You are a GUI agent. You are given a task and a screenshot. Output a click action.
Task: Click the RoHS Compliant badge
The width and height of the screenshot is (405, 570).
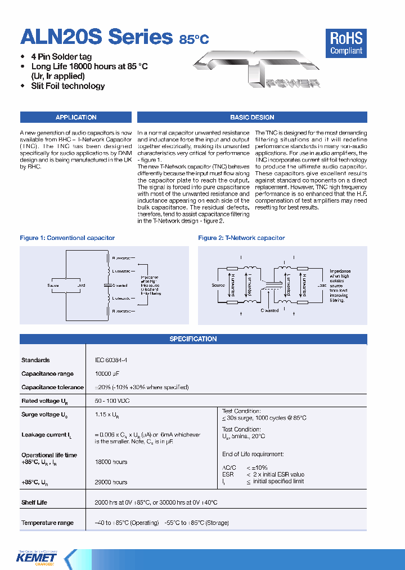point(346,43)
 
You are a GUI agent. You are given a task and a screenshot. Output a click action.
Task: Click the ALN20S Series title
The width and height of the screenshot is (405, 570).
point(96,37)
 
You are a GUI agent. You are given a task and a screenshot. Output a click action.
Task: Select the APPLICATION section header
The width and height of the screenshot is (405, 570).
point(76,117)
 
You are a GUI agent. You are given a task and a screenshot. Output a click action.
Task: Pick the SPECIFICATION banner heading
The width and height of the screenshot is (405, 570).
point(193,339)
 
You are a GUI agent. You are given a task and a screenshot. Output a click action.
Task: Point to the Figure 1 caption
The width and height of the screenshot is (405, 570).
point(67,238)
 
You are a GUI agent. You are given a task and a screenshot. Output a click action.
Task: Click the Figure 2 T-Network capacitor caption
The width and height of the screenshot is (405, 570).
point(241,238)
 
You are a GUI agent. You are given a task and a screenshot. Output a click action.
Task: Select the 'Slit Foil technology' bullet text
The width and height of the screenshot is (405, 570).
point(67,86)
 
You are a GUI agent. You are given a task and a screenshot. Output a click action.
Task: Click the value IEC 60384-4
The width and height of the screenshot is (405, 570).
point(107,360)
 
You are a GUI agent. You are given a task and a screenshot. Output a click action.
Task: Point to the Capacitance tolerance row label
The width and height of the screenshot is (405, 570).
point(52,388)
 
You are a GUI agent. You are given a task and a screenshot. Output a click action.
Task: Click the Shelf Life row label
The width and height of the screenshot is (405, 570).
point(34,502)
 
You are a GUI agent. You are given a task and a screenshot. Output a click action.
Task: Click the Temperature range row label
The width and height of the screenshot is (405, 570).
point(47,523)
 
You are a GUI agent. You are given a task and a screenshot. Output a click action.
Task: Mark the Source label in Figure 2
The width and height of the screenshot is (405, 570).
point(218,285)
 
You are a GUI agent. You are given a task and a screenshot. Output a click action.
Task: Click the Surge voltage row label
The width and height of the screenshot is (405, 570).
point(44,415)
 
